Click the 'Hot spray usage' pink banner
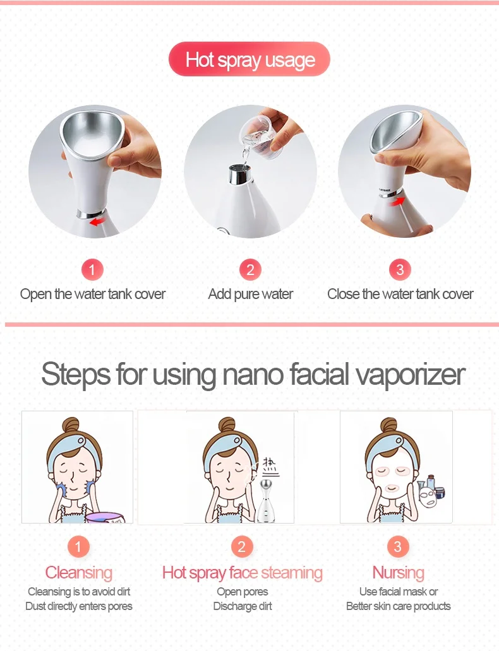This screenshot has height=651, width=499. pos(249,59)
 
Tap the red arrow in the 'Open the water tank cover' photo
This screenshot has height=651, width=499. pos(97,221)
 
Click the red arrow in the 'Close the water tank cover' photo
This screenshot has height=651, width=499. pos(397,201)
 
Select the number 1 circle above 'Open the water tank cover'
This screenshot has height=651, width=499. pos(92,269)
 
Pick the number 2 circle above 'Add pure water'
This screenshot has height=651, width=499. pos(250,269)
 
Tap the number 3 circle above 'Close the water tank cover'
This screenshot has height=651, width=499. pos(400,269)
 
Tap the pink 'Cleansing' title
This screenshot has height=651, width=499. pos(78,573)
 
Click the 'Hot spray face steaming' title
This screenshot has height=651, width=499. pos(242,573)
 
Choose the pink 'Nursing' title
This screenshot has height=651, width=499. pos(399,573)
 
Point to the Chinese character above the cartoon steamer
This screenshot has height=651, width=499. pos(270,467)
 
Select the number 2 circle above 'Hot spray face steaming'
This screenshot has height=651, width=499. pos(241,546)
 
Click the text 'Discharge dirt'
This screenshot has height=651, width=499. pos(243,606)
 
